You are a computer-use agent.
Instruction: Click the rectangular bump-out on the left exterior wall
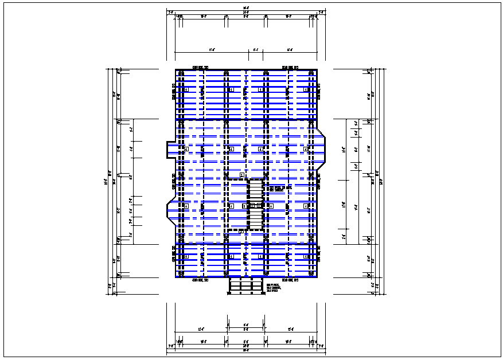click(x=171, y=150)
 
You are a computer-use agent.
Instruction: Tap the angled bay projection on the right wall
click(x=322, y=150)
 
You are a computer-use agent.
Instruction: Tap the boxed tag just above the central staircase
click(x=241, y=175)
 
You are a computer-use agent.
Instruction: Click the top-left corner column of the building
click(x=181, y=73)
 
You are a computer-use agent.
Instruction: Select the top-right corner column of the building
click(x=311, y=73)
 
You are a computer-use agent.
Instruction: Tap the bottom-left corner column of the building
click(x=181, y=274)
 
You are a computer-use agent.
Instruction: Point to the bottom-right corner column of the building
click(x=311, y=274)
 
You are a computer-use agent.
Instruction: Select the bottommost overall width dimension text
click(x=245, y=350)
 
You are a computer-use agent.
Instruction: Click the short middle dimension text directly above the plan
click(x=256, y=50)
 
